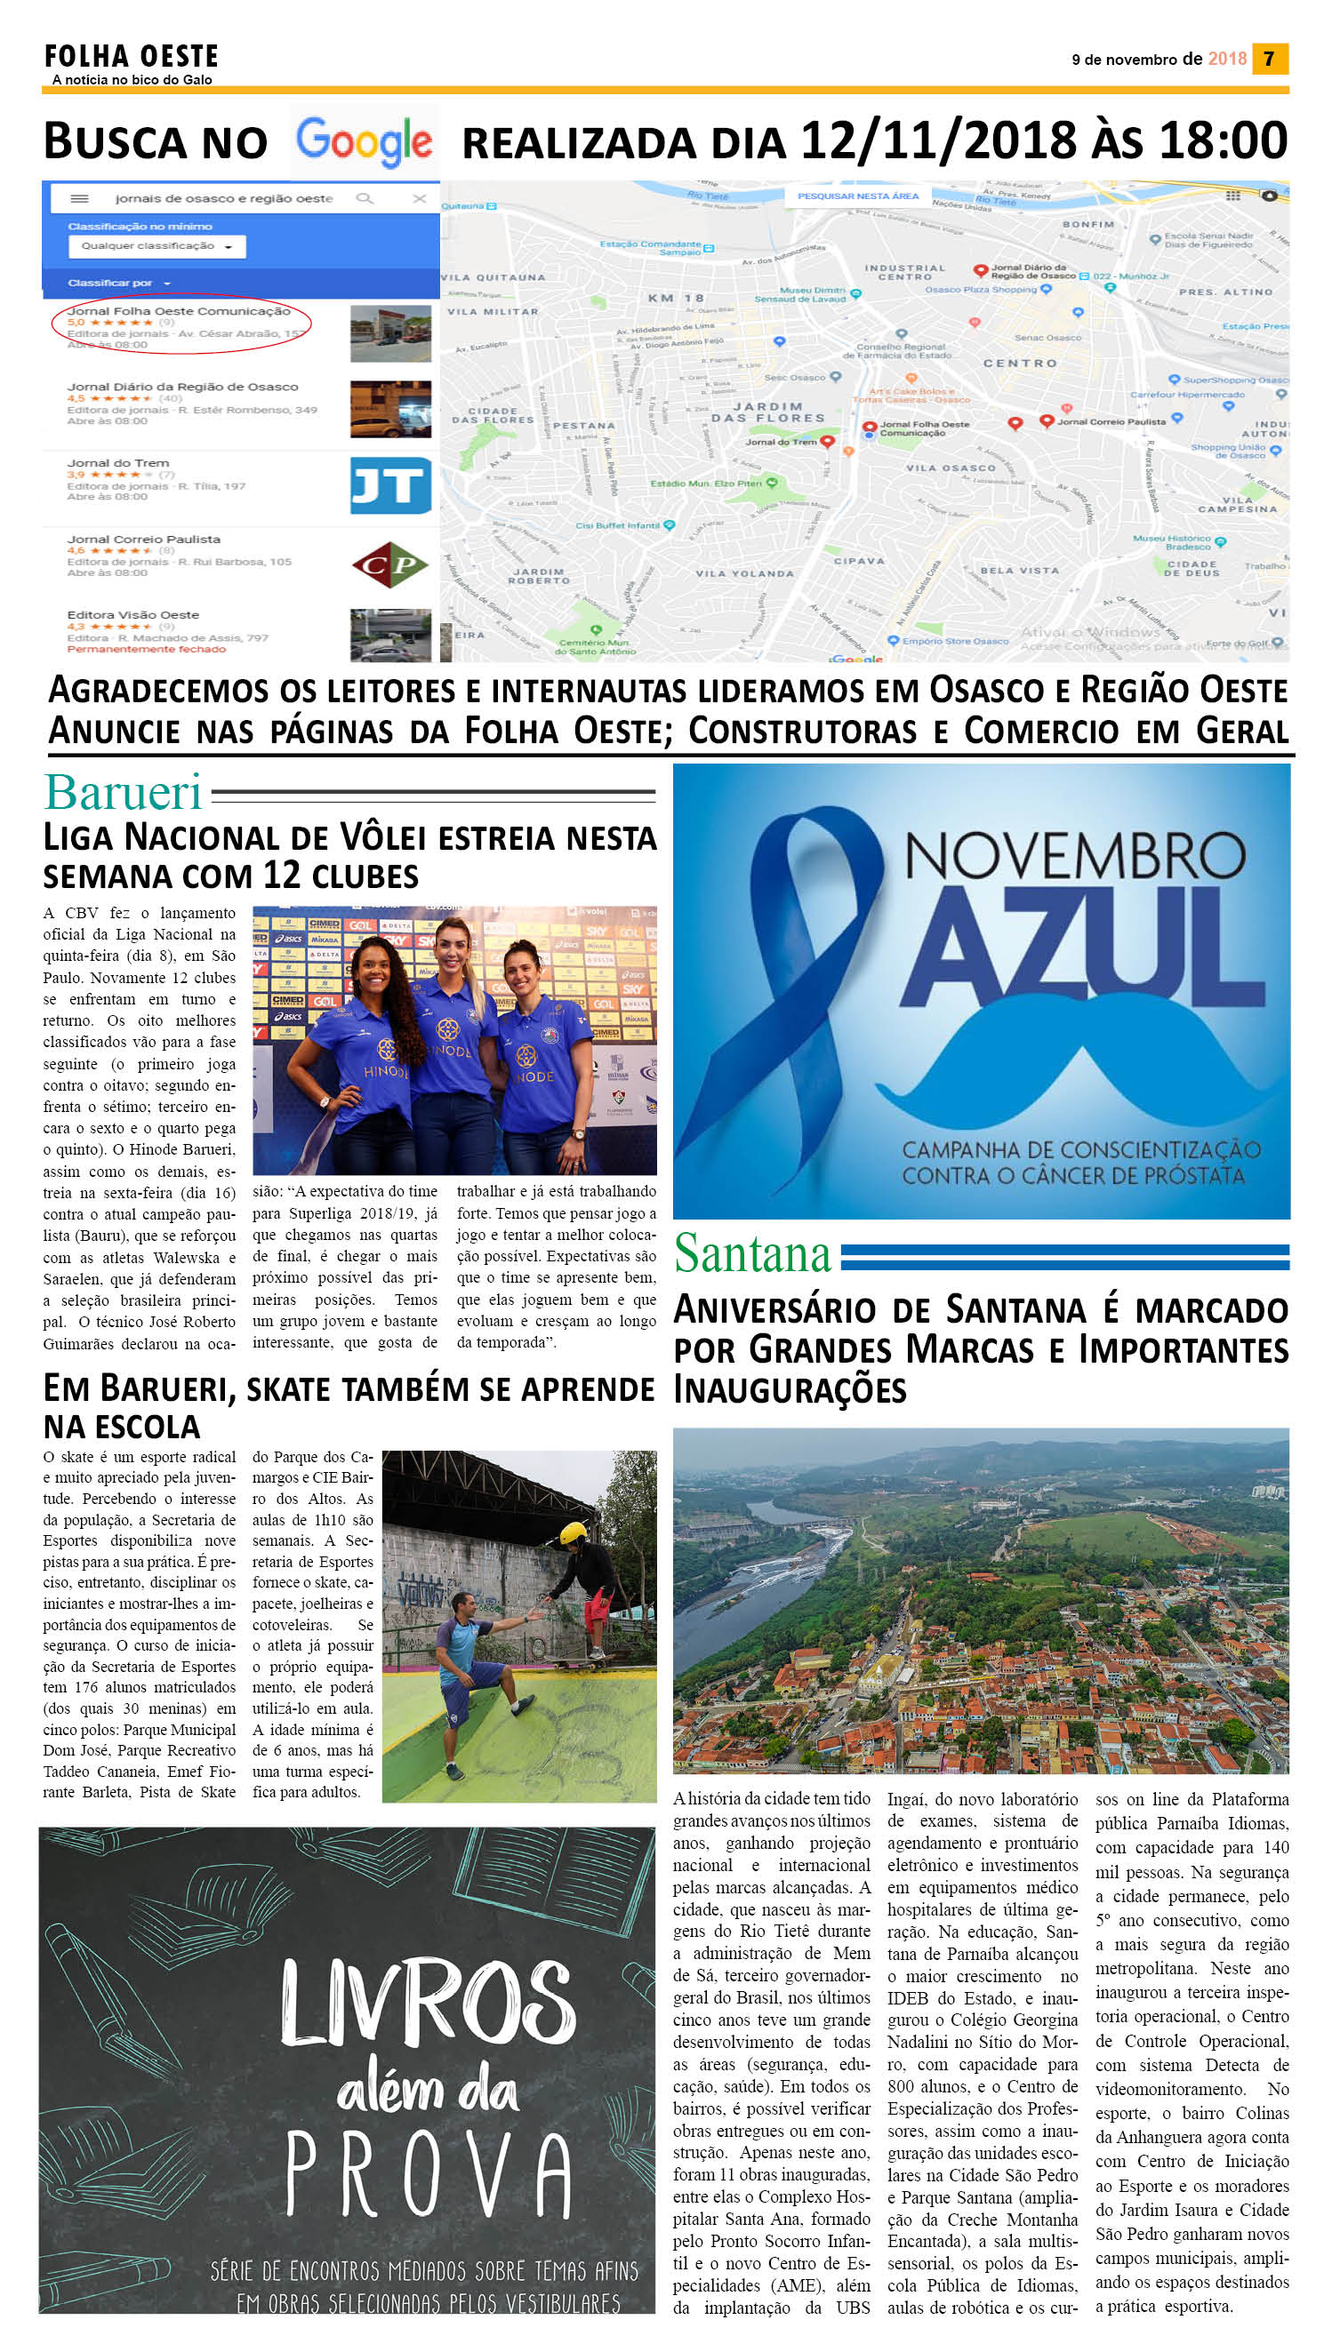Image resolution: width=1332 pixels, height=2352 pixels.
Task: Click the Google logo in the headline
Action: pyautogui.click(x=364, y=141)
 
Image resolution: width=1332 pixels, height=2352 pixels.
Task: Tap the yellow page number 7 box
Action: pyautogui.click(x=1269, y=59)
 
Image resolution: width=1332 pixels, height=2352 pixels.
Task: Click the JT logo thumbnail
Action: pyautogui.click(x=390, y=485)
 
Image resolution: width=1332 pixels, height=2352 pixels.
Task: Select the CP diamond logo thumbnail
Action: pyautogui.click(x=390, y=564)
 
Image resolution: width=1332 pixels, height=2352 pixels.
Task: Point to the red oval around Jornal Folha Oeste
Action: pyautogui.click(x=181, y=323)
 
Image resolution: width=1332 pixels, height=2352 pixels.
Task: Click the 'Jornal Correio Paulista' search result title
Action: pyautogui.click(x=144, y=540)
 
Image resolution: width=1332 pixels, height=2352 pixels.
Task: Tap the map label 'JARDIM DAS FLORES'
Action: pyautogui.click(x=768, y=412)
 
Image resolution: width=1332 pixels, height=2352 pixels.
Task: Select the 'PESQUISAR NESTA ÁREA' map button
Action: pyautogui.click(x=857, y=196)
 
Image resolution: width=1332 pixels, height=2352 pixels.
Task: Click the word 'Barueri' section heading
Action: pyautogui.click(x=123, y=793)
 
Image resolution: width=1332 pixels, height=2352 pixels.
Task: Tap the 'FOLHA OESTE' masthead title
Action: pyautogui.click(x=132, y=57)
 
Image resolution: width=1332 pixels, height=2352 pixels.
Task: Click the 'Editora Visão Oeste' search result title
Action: pyautogui.click(x=132, y=615)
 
